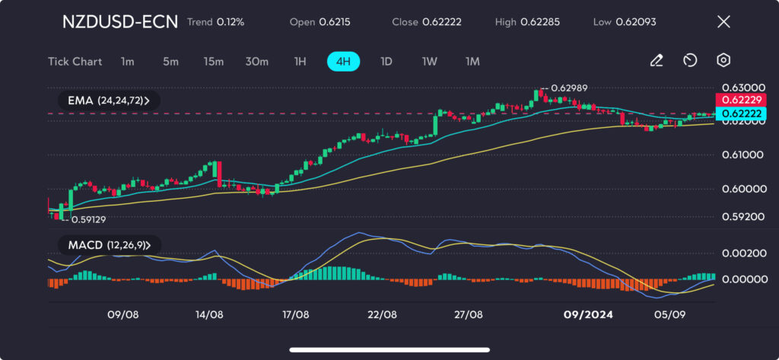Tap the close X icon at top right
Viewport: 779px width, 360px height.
723,22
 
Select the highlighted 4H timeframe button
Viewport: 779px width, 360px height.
343,61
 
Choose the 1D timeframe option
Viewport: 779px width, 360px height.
386,61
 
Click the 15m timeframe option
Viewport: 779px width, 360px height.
213,61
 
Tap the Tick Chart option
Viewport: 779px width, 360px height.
75,61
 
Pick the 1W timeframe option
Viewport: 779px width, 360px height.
429,61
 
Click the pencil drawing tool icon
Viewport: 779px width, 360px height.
657,61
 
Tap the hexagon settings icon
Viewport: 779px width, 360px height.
723,61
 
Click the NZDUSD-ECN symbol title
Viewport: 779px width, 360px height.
119,22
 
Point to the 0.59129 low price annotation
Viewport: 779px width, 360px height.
87,219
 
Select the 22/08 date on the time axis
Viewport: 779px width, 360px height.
382,314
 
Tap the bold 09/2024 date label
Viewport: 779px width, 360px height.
587,314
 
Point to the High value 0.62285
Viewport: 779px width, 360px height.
539,22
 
